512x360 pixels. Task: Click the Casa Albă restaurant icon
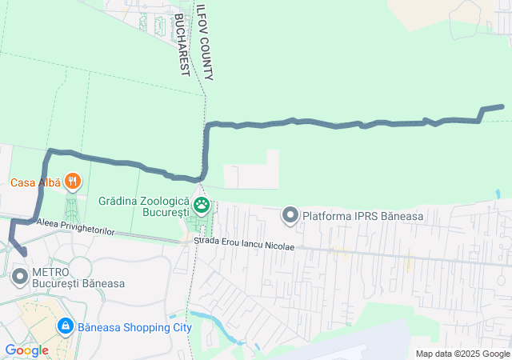click(73, 182)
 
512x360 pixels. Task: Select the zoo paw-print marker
click(201, 206)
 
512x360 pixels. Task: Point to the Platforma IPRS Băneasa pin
click(290, 214)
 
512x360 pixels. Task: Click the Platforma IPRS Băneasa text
click(362, 215)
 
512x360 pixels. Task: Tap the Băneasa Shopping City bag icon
click(65, 326)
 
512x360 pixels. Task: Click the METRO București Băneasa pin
click(19, 278)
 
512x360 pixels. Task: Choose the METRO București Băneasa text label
click(78, 278)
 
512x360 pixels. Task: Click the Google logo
click(26, 350)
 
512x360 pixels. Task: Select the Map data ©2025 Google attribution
click(462, 354)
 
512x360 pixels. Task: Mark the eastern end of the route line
click(502, 106)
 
